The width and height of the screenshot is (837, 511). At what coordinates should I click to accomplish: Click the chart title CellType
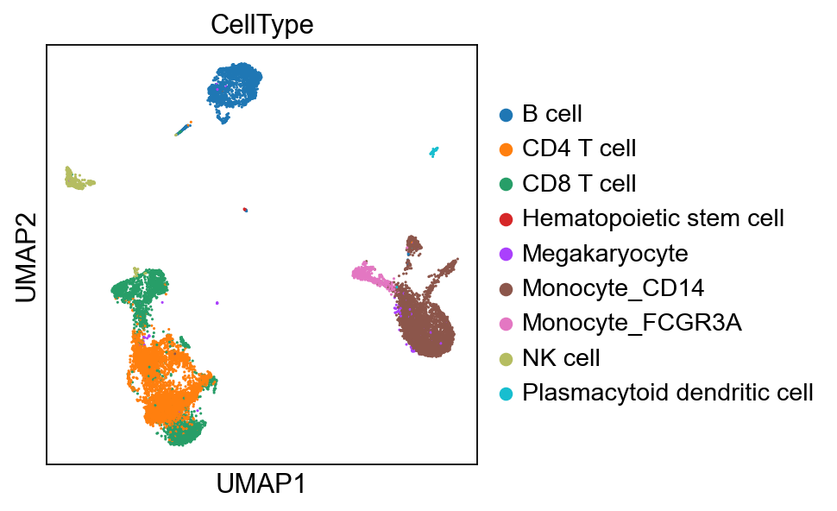point(261,25)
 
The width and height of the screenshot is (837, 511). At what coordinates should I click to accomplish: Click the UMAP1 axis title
point(261,483)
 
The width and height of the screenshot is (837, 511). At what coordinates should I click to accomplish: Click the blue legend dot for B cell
point(507,114)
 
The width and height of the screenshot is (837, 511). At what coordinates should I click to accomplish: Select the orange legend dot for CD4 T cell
point(507,148)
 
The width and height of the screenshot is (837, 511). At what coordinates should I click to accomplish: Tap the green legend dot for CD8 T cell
point(507,184)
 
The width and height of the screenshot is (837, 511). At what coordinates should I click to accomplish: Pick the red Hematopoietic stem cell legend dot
point(507,218)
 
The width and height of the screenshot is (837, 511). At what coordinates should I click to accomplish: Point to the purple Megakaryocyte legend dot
point(507,254)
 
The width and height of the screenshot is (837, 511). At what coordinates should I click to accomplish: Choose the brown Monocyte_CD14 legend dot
point(507,288)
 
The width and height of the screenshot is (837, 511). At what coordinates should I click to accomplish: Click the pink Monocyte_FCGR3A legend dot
point(507,324)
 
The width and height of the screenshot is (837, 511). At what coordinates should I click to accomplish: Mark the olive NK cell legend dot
point(507,358)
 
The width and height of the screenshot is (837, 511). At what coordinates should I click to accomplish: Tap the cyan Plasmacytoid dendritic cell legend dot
point(507,394)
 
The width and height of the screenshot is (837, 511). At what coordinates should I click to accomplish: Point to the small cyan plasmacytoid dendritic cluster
point(434,153)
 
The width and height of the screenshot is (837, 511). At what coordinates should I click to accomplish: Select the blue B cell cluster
point(238,86)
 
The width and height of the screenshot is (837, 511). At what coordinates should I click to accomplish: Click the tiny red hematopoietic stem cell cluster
point(246,209)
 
